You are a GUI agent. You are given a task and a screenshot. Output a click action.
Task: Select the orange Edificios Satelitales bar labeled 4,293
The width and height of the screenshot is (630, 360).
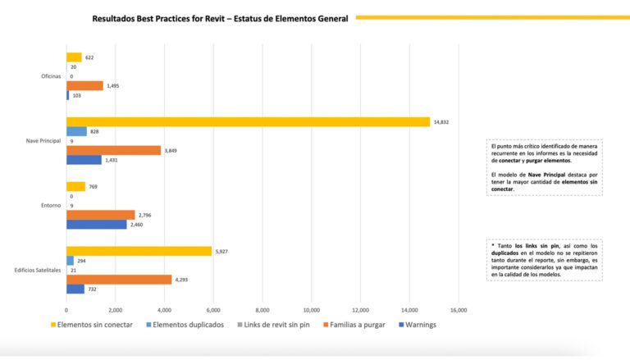pyautogui.click(x=119, y=279)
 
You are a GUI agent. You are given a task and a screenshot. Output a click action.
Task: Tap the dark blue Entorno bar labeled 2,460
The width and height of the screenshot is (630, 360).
pyautogui.click(x=97, y=224)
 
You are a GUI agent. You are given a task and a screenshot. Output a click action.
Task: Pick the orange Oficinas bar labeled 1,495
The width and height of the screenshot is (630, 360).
pyautogui.click(x=84, y=85)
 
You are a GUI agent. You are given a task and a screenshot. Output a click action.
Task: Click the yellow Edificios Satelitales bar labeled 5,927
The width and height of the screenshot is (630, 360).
pyautogui.click(x=139, y=251)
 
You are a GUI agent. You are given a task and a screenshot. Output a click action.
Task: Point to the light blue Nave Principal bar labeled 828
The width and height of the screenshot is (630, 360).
pyautogui.click(x=76, y=131)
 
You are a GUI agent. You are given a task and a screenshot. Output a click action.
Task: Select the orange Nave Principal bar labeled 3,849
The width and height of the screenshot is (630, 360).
pyautogui.click(x=113, y=150)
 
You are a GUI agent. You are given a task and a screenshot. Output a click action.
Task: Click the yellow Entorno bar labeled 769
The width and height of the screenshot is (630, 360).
pyautogui.click(x=75, y=186)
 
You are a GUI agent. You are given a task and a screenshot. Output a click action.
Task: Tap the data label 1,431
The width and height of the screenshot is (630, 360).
pyautogui.click(x=112, y=160)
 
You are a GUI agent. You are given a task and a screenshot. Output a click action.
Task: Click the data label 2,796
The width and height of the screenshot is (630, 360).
pyautogui.click(x=145, y=215)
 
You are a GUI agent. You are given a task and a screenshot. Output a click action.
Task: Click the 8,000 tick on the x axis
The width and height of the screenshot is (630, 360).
pyautogui.click(x=262, y=310)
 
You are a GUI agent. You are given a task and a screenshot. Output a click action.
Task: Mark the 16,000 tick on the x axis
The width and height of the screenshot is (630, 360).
pyautogui.click(x=459, y=310)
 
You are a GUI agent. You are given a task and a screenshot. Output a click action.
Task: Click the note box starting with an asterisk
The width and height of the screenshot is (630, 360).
pyautogui.click(x=544, y=258)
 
